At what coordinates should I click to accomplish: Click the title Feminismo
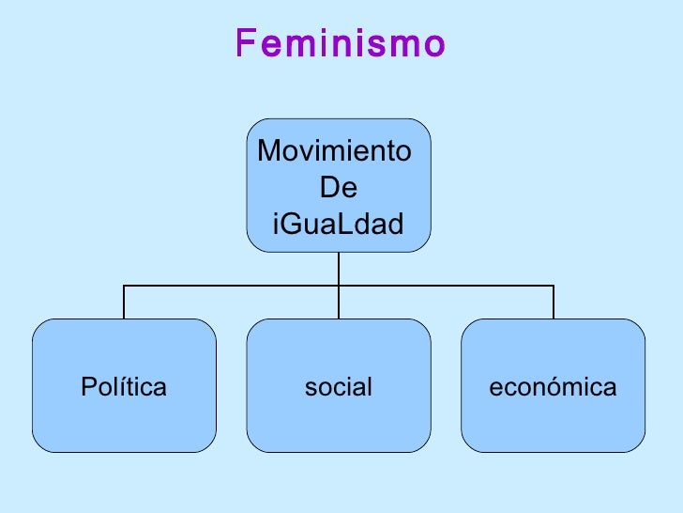tap(340, 43)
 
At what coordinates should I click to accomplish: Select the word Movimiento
tap(333, 150)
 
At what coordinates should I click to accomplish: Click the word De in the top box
tap(339, 188)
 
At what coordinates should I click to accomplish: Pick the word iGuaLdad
tap(338, 225)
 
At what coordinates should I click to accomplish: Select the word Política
tap(124, 387)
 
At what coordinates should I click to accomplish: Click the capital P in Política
tap(87, 387)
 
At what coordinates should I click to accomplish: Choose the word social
tap(339, 387)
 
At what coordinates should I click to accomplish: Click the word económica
tap(554, 387)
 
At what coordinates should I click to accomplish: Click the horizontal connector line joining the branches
tap(235, 286)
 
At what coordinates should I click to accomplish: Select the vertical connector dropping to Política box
tap(125, 303)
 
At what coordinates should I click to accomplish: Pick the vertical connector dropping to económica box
tap(554, 303)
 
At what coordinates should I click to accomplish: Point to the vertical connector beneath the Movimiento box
tap(339, 269)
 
